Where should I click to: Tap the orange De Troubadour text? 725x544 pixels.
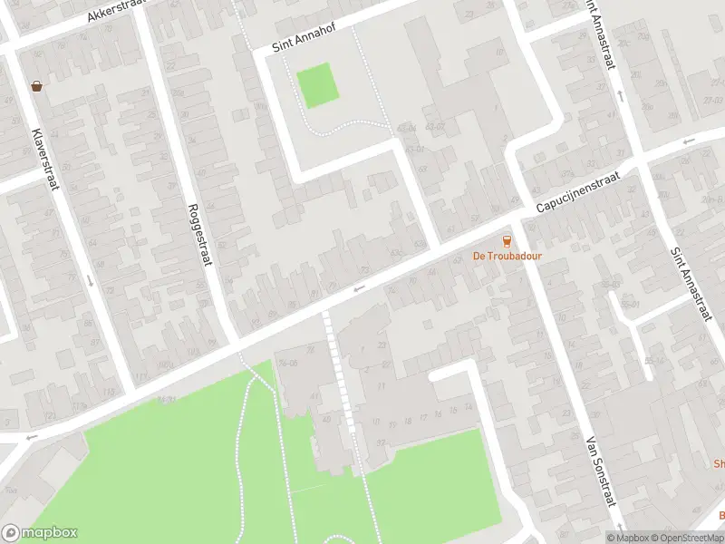(x=507, y=256)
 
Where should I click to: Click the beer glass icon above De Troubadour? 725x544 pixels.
(x=507, y=240)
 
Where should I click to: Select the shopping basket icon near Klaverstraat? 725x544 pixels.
(x=37, y=86)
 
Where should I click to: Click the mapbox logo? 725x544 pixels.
(x=40, y=533)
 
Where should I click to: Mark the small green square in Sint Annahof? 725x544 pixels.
(x=317, y=86)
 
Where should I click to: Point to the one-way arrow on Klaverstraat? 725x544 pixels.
(x=90, y=279)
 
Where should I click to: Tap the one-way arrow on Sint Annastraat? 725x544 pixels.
(x=621, y=93)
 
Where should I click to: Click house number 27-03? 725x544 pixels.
(x=713, y=100)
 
